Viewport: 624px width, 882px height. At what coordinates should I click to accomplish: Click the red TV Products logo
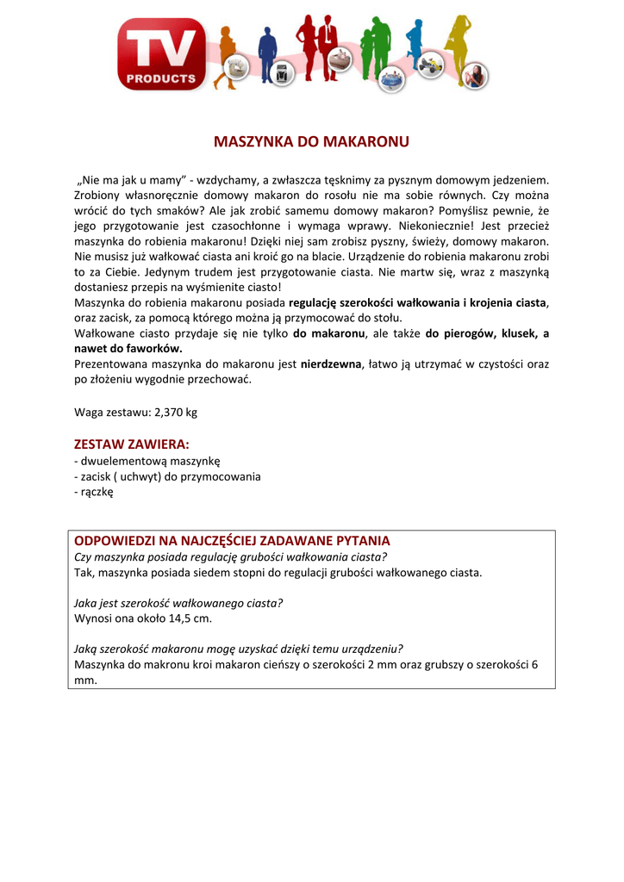click(162, 53)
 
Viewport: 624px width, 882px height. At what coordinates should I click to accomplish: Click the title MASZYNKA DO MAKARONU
click(311, 141)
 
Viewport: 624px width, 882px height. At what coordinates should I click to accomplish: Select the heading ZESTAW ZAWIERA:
click(132, 444)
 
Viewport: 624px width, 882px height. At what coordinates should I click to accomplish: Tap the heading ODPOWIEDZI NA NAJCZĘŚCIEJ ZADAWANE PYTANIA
click(233, 540)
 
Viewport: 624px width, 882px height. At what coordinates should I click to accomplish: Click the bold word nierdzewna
click(331, 364)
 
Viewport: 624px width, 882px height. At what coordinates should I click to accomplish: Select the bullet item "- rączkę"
click(94, 492)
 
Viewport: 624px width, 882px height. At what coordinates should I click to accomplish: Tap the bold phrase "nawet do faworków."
click(128, 349)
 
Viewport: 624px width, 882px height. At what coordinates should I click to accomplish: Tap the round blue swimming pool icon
click(392, 78)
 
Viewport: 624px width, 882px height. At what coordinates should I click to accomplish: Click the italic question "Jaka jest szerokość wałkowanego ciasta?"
click(178, 603)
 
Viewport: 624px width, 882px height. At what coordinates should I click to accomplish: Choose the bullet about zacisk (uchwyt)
click(168, 476)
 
